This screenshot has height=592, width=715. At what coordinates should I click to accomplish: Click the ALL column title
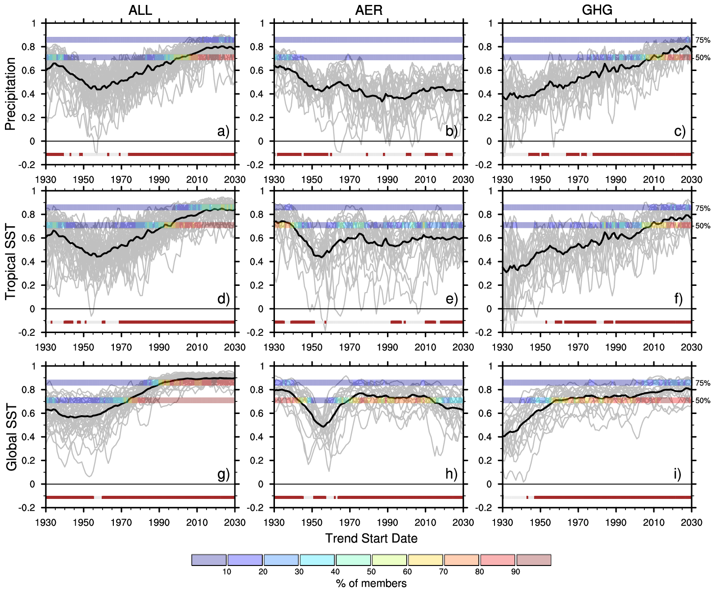[140, 10]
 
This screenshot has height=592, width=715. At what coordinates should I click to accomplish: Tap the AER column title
[369, 10]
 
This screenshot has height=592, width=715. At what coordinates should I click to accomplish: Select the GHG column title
[597, 10]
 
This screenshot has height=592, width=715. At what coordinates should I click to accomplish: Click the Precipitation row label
[10, 93]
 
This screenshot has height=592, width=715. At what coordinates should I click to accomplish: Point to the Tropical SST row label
[10, 262]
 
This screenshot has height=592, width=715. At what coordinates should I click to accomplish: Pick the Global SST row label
[11, 437]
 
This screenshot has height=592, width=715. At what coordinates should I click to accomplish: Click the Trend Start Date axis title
[371, 538]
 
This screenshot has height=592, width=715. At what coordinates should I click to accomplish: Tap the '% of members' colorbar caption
[371, 583]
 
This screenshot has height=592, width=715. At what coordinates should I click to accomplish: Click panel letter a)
[223, 131]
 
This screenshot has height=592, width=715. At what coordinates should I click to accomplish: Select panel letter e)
[451, 299]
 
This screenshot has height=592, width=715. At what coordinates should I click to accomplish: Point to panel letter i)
[677, 474]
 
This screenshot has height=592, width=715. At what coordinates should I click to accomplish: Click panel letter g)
[223, 474]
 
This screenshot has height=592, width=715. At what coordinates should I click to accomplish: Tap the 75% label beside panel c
[703, 40]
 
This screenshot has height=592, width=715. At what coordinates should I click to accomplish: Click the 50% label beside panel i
[703, 401]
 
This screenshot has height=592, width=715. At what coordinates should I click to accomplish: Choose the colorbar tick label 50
[371, 572]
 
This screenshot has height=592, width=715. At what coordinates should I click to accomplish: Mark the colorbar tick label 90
[516, 572]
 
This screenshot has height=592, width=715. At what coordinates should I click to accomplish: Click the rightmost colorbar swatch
[534, 560]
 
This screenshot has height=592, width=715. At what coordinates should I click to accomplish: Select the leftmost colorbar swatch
[209, 560]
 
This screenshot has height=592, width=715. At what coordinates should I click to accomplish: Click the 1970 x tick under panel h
[350, 522]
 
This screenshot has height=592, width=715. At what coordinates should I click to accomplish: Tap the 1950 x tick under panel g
[84, 522]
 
